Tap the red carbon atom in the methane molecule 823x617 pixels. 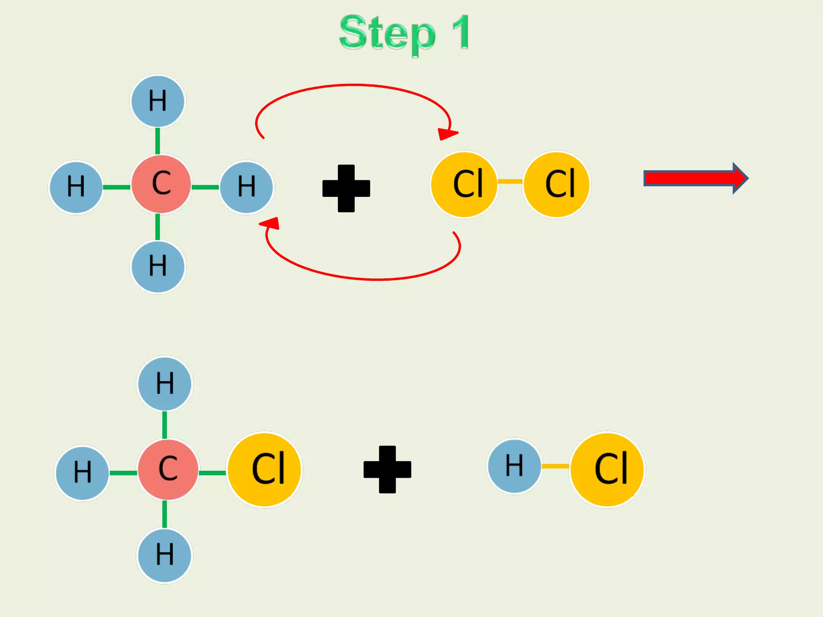161,184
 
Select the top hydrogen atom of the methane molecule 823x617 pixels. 158,101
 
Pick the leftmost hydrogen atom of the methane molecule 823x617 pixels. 76,187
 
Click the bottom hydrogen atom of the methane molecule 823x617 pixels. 158,267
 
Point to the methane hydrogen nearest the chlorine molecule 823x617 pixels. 246,187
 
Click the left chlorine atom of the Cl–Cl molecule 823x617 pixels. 464,184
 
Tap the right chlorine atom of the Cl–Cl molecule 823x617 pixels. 557,184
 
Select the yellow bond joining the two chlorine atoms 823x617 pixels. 510,182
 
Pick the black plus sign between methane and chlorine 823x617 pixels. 346,188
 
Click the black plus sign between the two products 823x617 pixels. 387,469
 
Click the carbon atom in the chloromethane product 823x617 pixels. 168,469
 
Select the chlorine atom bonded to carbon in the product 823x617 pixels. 265,469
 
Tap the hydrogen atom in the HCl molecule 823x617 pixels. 514,466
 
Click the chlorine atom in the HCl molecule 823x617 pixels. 608,469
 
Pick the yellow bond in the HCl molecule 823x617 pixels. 555,466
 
